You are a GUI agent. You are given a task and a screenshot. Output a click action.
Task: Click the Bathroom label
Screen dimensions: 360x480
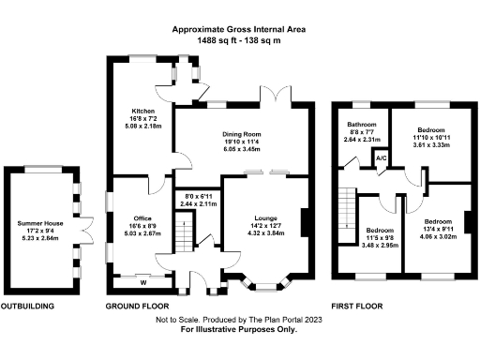tap(362, 125)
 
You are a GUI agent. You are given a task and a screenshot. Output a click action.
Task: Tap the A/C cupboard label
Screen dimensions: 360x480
tap(382, 157)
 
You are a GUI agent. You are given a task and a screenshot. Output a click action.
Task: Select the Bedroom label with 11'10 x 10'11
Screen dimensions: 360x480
tap(432, 130)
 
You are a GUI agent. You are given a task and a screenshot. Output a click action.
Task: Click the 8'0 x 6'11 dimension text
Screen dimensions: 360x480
tap(197, 196)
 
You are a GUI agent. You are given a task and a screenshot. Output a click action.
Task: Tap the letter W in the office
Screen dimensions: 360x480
tap(143, 281)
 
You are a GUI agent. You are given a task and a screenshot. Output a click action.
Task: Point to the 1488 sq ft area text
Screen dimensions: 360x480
tap(239, 40)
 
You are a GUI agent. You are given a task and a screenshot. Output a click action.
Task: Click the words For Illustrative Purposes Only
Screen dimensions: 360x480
tap(239, 330)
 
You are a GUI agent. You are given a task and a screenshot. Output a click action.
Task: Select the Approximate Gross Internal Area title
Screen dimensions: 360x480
tap(239, 29)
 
